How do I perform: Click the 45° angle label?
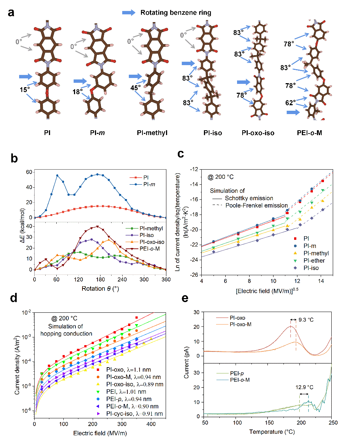[135, 88]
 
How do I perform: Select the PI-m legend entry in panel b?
[142, 184]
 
